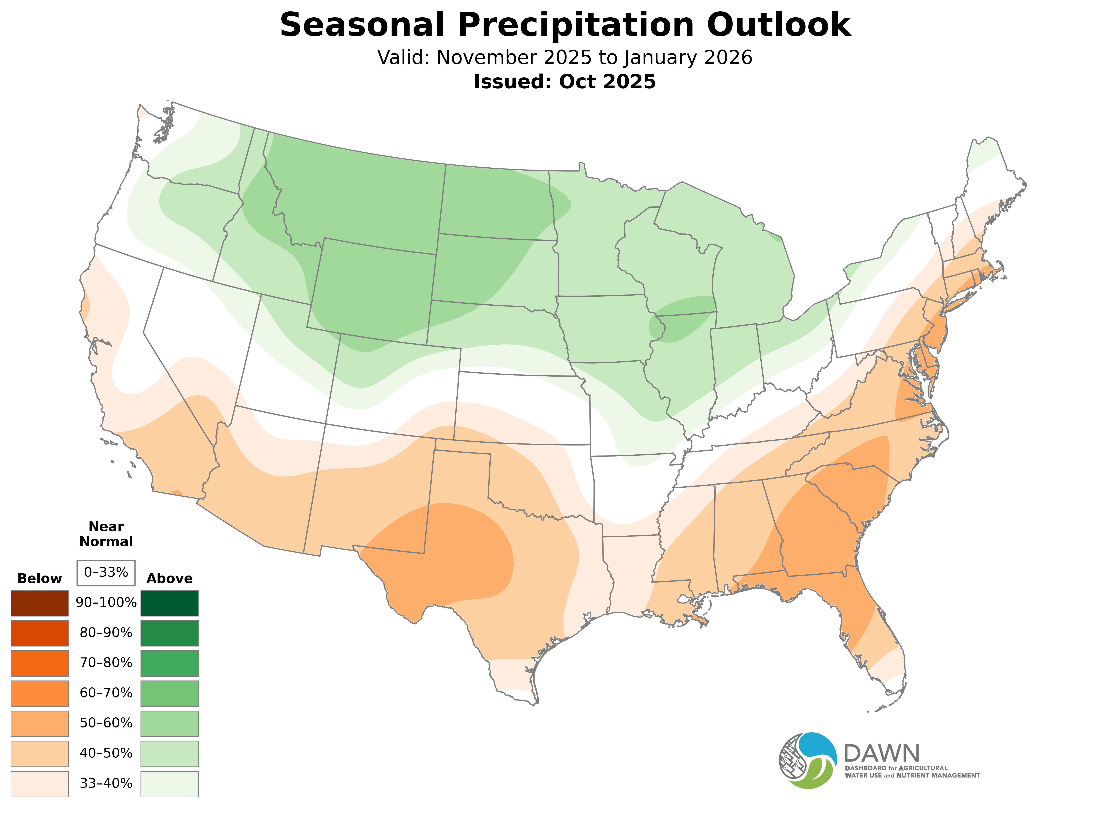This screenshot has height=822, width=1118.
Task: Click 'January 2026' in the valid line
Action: [x=688, y=58]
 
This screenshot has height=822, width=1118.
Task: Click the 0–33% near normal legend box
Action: [x=106, y=573]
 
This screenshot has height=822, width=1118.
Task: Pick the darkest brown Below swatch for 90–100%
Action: [x=40, y=603]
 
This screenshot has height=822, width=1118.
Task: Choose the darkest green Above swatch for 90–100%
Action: [x=170, y=603]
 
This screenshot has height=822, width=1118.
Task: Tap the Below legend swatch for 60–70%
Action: [x=40, y=693]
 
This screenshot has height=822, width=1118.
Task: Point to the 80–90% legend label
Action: [x=106, y=633]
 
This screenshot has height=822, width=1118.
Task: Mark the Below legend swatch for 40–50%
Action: [x=40, y=753]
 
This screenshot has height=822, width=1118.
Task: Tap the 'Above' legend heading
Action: [x=170, y=579]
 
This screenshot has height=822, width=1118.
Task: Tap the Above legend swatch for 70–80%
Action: [x=170, y=663]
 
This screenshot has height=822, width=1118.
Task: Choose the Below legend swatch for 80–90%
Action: [x=40, y=633]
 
